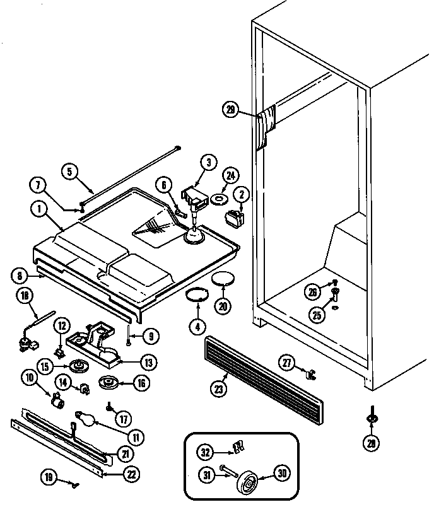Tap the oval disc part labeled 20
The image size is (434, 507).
223,278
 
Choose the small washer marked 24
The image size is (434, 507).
218,200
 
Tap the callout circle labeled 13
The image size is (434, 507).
148,363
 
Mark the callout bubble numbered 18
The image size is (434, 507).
25,296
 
